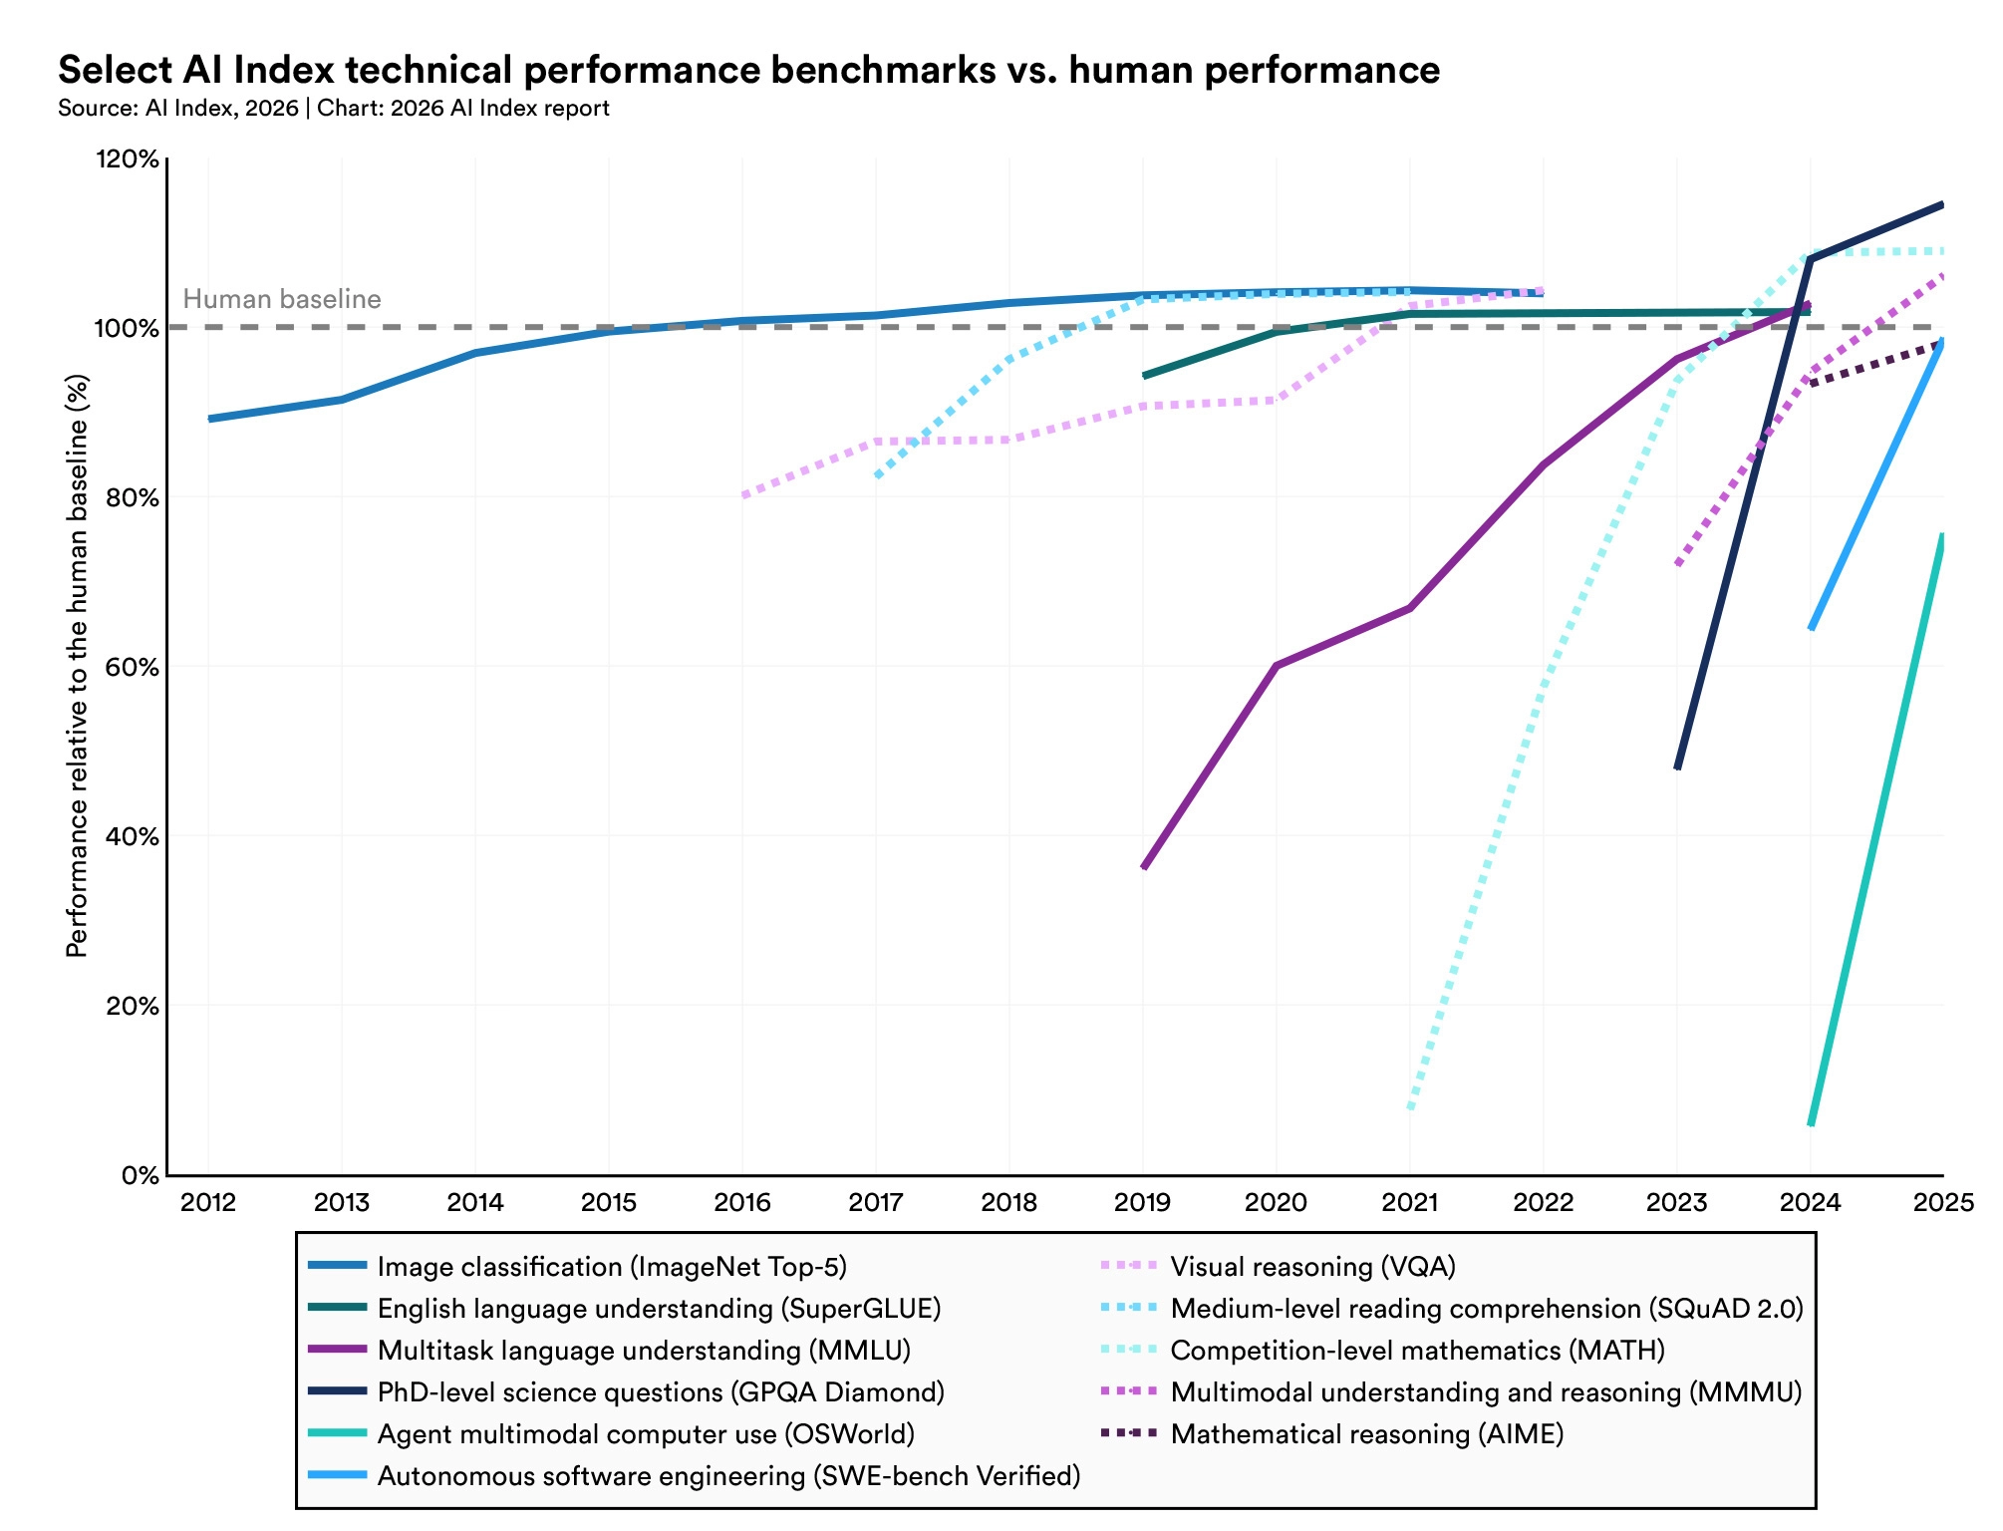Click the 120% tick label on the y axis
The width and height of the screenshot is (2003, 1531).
click(x=127, y=159)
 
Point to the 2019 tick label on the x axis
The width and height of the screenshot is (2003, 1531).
click(x=1142, y=1202)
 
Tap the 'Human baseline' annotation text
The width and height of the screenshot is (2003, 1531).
click(x=282, y=299)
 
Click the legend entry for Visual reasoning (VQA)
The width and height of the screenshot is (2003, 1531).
click(x=1312, y=1267)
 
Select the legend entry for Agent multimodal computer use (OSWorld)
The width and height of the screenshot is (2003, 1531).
click(x=646, y=1434)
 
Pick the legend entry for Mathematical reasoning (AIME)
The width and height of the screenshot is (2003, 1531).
click(x=1366, y=1434)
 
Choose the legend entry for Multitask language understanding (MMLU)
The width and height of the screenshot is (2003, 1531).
click(x=644, y=1351)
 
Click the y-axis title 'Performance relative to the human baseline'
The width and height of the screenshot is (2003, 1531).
click(x=77, y=666)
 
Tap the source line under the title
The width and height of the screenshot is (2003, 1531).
click(x=334, y=108)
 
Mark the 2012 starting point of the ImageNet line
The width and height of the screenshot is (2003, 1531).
click(x=209, y=419)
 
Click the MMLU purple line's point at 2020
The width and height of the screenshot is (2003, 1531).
click(x=1277, y=665)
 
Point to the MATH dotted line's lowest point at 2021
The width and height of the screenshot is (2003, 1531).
click(x=1410, y=1107)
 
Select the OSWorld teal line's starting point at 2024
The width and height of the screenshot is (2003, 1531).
click(x=1811, y=1124)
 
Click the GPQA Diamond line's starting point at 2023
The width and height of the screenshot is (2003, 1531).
click(x=1677, y=767)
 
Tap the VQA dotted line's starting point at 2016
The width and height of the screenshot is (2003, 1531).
click(x=743, y=494)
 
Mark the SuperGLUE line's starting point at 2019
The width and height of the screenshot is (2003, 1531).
click(x=1144, y=376)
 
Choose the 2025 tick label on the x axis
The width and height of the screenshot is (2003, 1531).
click(x=1943, y=1202)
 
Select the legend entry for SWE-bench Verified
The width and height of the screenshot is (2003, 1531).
click(x=728, y=1476)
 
